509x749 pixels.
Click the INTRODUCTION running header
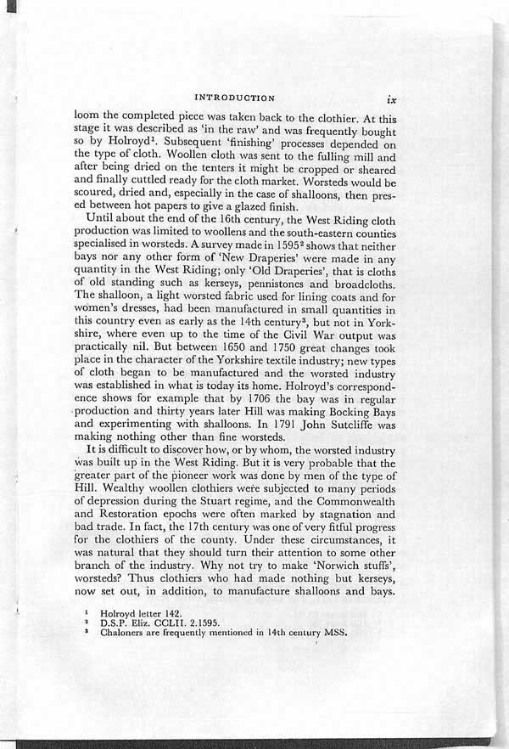pyautogui.click(x=234, y=98)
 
